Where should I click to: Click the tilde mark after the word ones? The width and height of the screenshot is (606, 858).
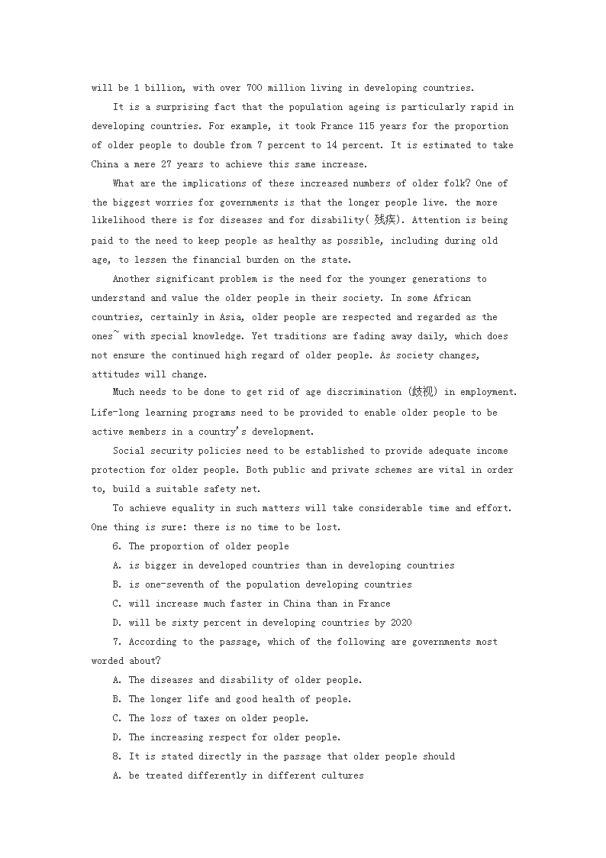[116, 332]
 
